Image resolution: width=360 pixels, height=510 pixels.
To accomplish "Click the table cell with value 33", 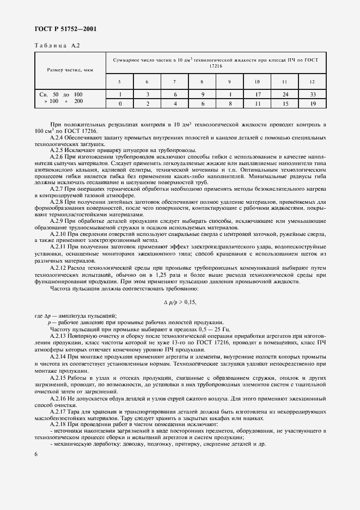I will click(x=313, y=94).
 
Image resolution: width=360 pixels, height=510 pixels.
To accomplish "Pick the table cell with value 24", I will click(x=285, y=94).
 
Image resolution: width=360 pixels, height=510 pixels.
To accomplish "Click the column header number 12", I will click(x=313, y=82).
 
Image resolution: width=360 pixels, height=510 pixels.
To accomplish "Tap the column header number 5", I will click(x=119, y=82).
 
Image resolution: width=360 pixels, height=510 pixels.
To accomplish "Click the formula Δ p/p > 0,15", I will click(x=180, y=302).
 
